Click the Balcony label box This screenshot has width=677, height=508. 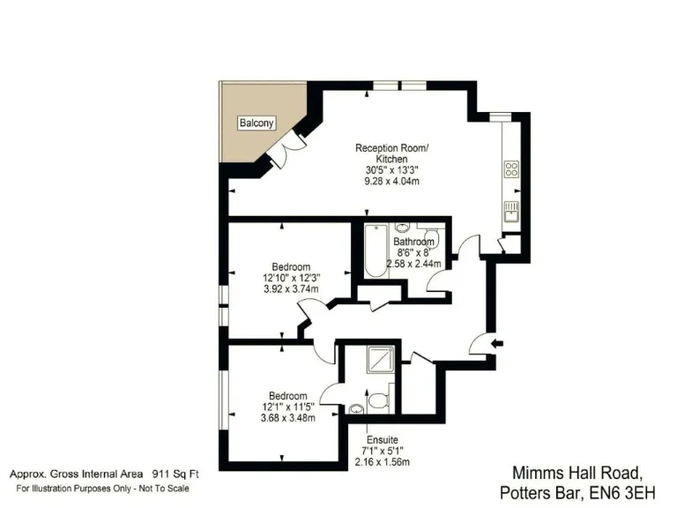[x=257, y=123]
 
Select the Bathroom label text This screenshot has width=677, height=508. [x=413, y=242]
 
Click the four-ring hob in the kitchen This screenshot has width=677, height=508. [x=511, y=168]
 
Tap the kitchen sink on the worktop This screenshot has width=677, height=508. [x=511, y=210]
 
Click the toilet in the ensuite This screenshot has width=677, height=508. [x=379, y=401]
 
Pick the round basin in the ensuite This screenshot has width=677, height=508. [x=356, y=408]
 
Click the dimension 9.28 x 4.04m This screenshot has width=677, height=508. [x=391, y=181]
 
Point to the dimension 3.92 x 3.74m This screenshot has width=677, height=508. [x=290, y=288]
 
